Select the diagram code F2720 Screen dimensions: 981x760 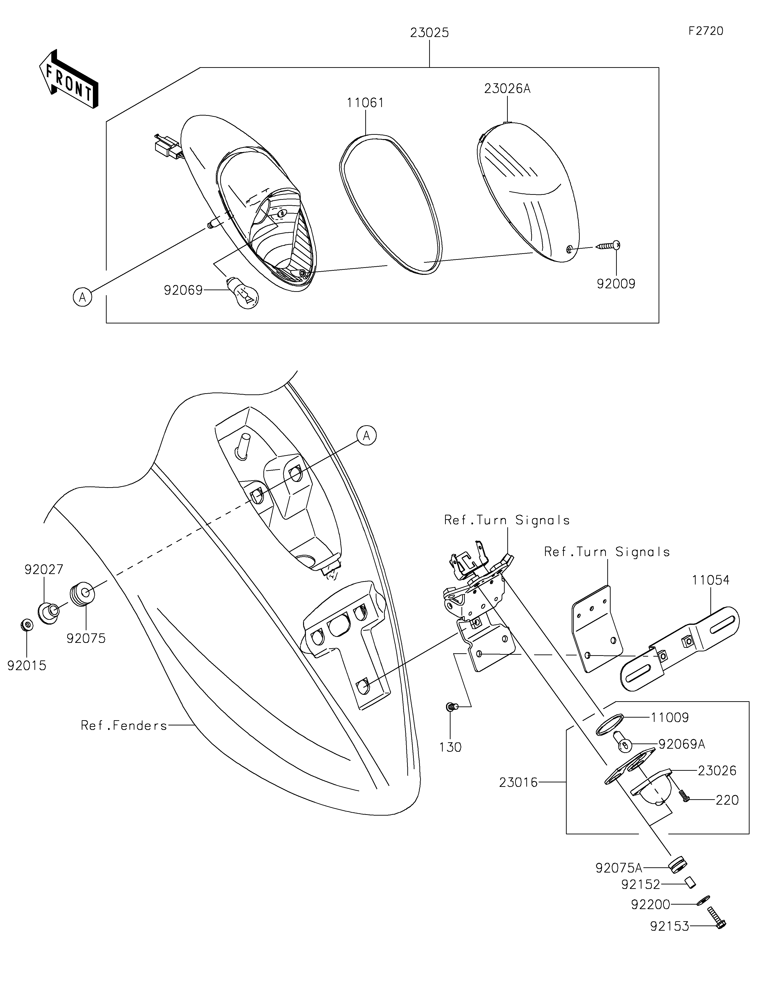click(x=706, y=31)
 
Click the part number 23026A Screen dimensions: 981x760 click(x=507, y=89)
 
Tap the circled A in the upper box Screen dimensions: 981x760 click(x=83, y=297)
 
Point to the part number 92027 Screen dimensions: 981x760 click(x=44, y=570)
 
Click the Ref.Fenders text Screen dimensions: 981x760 click(x=123, y=725)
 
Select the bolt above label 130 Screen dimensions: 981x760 click(x=451, y=707)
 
